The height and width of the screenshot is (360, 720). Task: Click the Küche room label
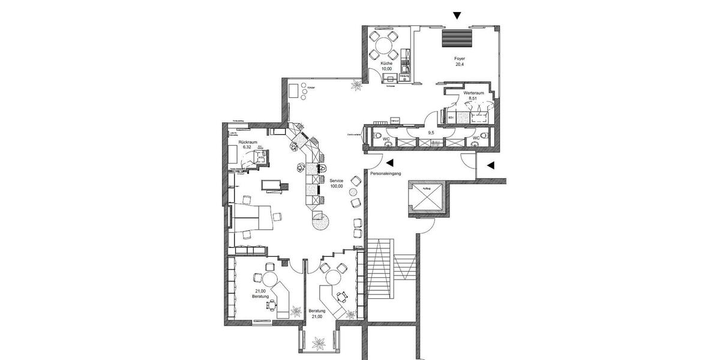tap(386, 64)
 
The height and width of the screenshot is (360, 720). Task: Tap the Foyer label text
tap(459, 58)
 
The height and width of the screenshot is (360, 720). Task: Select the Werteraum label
tap(474, 94)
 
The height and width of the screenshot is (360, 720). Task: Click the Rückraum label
tap(248, 142)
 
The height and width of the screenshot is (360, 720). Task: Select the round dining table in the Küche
tap(382, 44)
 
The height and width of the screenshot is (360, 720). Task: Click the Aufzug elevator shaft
tap(425, 197)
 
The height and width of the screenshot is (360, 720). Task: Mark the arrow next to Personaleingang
tap(390, 162)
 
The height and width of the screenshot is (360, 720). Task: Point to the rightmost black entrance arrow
tap(490, 165)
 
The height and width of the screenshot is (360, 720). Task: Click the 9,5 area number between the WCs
tap(430, 133)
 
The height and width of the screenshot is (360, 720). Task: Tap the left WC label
tap(386, 139)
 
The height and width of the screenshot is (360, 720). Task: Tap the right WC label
tap(476, 138)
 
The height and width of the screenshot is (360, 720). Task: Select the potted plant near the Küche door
tap(358, 86)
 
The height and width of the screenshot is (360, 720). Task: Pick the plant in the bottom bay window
tap(319, 343)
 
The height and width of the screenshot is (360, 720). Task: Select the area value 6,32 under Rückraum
tap(247, 147)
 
